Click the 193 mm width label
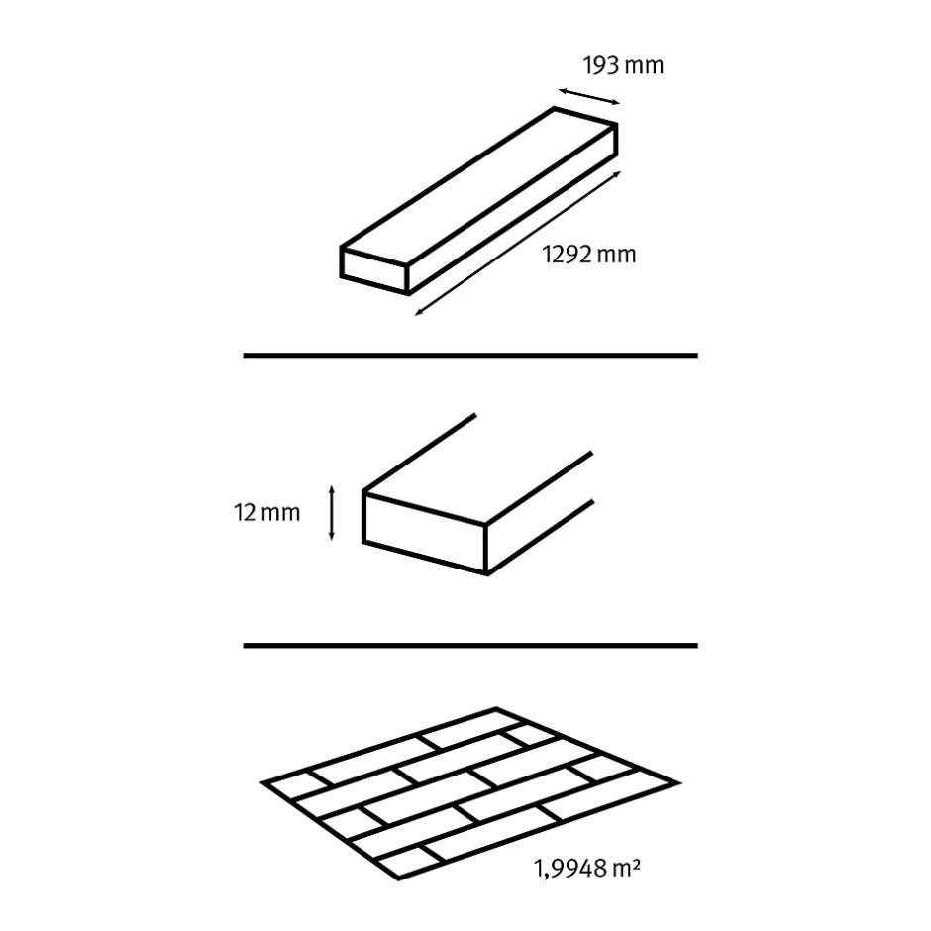[623, 65]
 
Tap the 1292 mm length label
[589, 255]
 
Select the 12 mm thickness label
[266, 512]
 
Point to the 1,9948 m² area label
[587, 868]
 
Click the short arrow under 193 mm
[589, 96]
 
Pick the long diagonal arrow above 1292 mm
[518, 244]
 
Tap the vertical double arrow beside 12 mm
[332, 513]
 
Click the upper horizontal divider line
[470, 355]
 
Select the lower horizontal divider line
[470, 646]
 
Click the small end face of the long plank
[374, 270]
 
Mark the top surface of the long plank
[479, 185]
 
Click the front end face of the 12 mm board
[425, 533]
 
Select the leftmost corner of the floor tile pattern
[261, 783]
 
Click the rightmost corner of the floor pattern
[679, 783]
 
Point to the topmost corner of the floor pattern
[496, 708]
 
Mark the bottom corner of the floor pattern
[398, 879]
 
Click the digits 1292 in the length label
[568, 255]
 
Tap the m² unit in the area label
[626, 868]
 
